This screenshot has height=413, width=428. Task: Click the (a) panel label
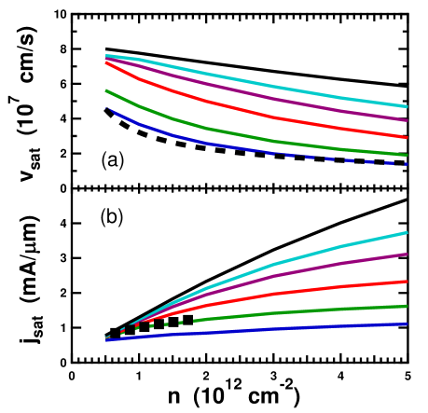point(111,160)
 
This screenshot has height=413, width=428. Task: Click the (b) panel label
point(111,217)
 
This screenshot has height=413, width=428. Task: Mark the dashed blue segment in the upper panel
point(354,159)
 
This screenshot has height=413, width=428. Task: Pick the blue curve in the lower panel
point(280,329)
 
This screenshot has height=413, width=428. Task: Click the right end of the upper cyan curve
point(407,106)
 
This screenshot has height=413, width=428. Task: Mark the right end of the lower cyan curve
point(407,232)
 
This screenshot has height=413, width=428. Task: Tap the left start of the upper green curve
point(107,90)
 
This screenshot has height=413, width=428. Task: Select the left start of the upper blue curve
point(107,108)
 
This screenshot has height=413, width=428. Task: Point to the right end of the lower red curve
point(407,281)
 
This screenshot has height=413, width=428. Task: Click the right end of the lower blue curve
point(407,324)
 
